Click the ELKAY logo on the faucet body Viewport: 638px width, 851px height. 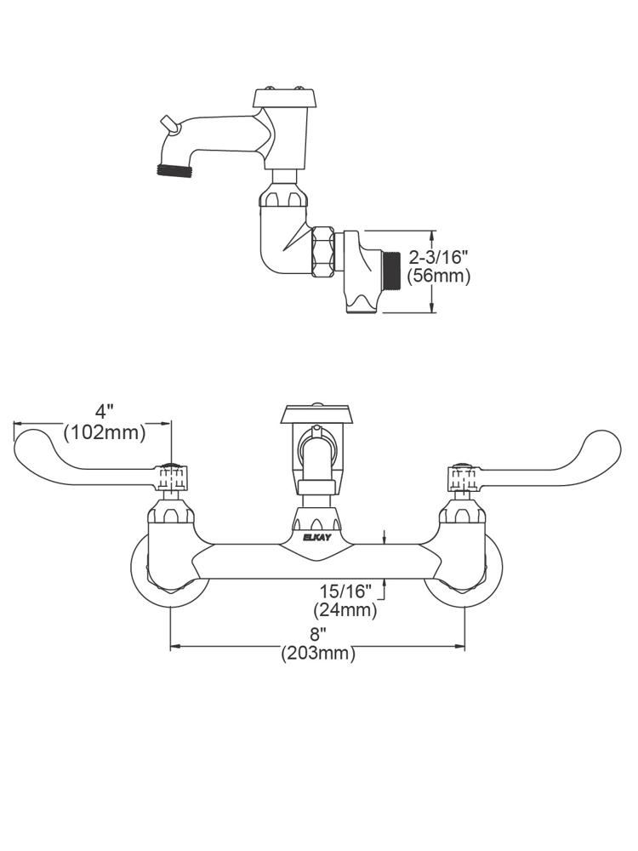click(x=316, y=537)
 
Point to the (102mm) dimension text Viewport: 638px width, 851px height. click(x=105, y=431)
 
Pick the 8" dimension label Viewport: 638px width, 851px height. click(x=317, y=634)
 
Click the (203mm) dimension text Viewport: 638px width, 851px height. click(x=317, y=654)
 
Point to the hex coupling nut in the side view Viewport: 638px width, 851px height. click(x=322, y=251)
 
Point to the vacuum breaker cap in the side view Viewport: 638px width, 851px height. click(x=285, y=98)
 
